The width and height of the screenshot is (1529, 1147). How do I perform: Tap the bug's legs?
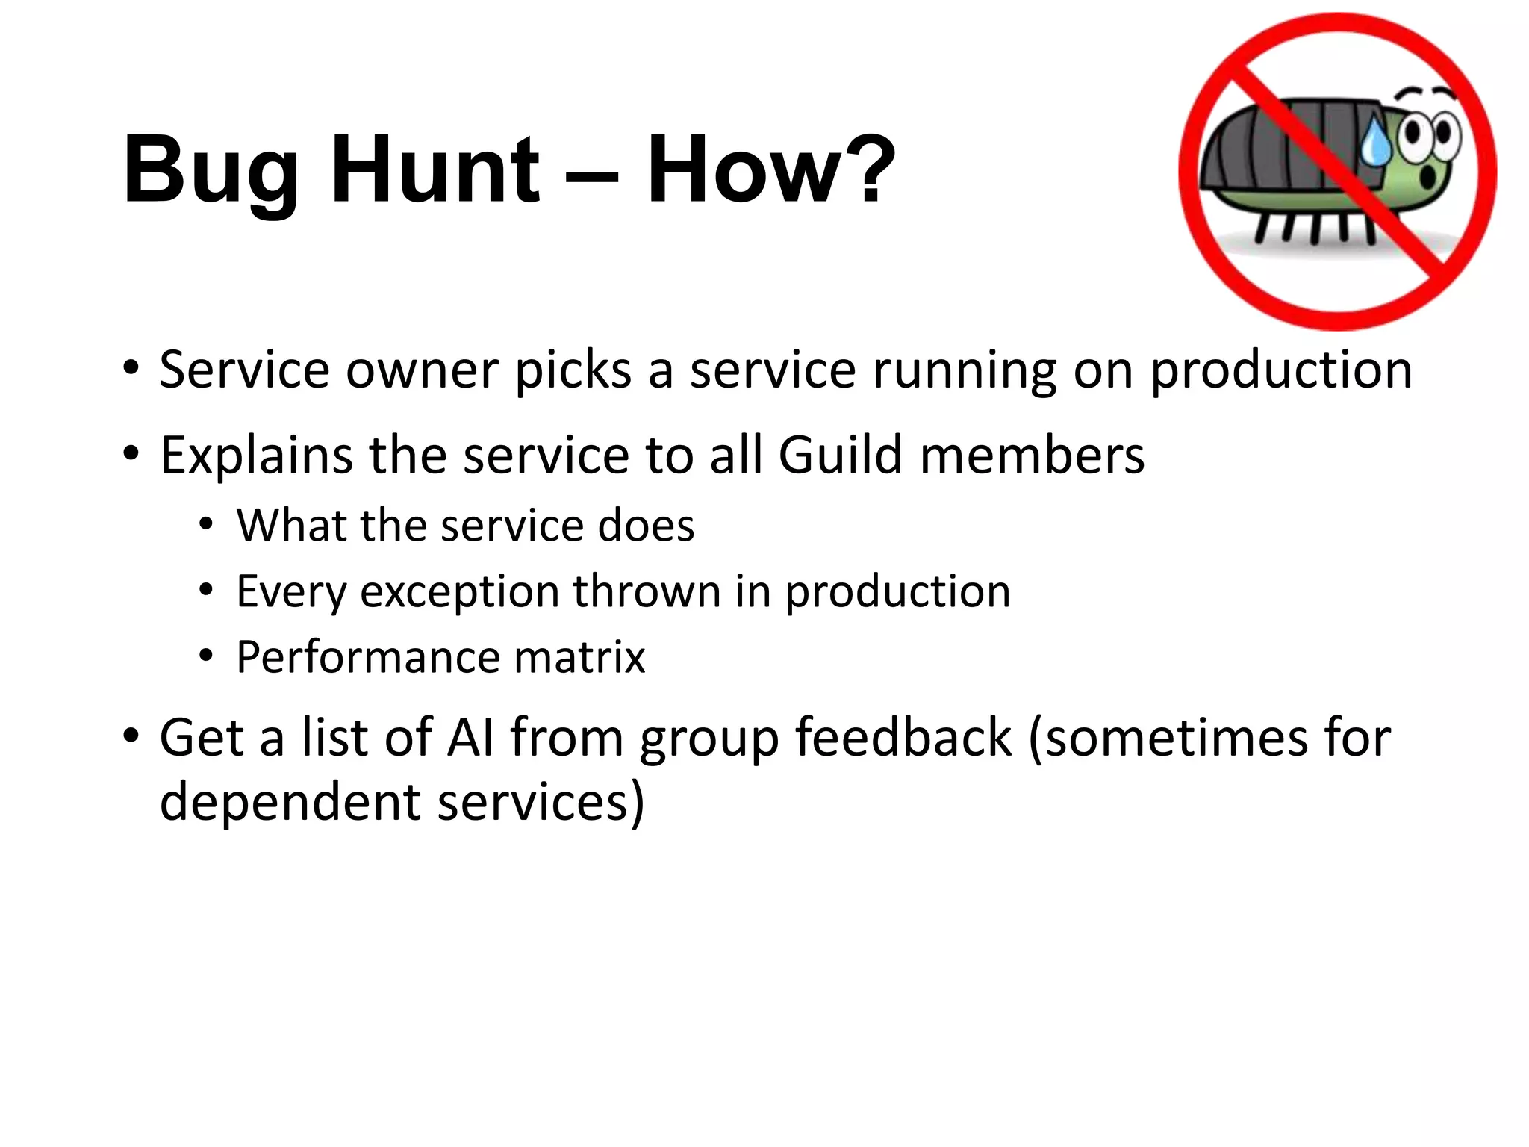click(x=1314, y=228)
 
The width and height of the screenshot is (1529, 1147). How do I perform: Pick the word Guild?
click(x=841, y=455)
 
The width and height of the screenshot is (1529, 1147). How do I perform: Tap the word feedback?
click(x=903, y=737)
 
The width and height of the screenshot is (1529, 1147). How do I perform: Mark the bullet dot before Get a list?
click(x=131, y=736)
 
